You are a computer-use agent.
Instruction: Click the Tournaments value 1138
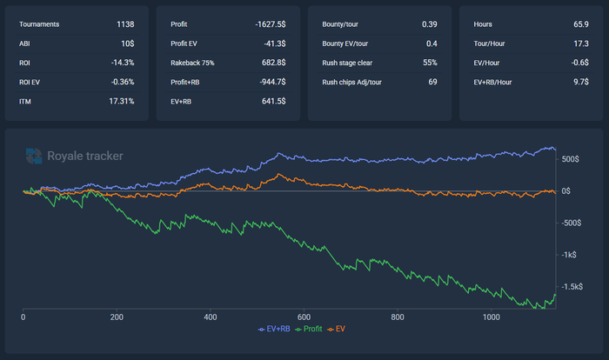(x=124, y=23)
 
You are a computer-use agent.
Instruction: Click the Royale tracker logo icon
(x=34, y=157)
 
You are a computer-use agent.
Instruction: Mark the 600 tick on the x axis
(x=304, y=317)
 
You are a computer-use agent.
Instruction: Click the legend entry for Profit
(x=313, y=330)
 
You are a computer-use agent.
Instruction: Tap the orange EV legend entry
(x=346, y=330)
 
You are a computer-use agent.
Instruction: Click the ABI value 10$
(x=127, y=43)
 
